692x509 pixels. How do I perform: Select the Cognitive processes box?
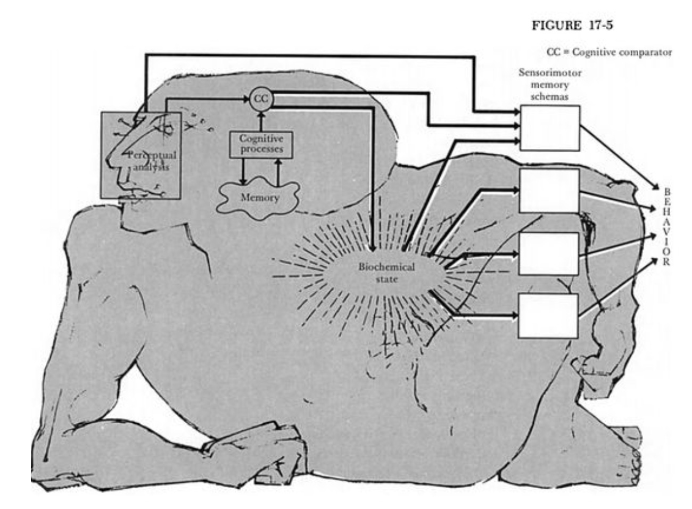pos(261,144)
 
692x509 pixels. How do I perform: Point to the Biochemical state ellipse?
pos(386,272)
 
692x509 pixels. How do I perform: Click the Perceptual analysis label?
pos(151,161)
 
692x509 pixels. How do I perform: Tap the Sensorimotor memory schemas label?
pos(550,85)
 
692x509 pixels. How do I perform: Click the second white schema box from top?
pos(549,191)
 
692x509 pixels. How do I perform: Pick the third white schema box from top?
pos(549,253)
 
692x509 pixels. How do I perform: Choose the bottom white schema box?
pos(549,316)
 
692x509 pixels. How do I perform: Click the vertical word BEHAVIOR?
pos(667,227)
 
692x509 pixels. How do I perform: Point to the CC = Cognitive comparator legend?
pos(609,53)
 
